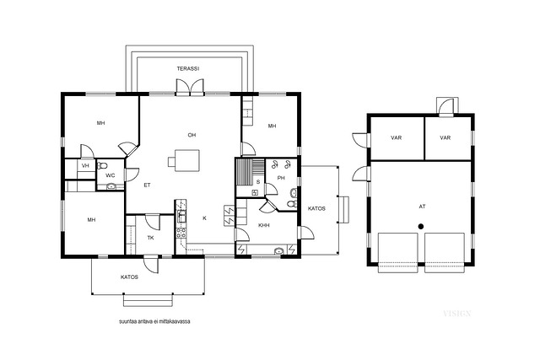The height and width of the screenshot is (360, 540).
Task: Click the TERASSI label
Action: [188, 69]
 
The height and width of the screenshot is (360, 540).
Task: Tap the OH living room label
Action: [192, 135]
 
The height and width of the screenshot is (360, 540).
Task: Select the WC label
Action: [111, 175]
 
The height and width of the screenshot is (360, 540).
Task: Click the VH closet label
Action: [85, 166]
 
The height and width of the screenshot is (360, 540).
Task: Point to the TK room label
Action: [150, 238]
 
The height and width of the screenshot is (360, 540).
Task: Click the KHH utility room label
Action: [264, 225]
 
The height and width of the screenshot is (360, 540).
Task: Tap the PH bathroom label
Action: [281, 178]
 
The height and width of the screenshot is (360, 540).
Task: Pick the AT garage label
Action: [422, 207]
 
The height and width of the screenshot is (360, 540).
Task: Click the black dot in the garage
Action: [421, 226]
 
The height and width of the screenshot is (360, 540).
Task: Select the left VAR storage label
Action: [397, 137]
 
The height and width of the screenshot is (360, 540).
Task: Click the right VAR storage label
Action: [445, 137]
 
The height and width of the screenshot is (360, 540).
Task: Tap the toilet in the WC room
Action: [102, 165]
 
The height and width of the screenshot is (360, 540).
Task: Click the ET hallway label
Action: [147, 185]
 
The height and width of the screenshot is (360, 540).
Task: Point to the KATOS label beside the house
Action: [316, 208]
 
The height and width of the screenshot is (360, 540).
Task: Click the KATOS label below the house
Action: [129, 277]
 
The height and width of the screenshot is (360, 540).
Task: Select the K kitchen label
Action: [204, 218]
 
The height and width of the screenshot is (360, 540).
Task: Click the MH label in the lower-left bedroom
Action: [91, 220]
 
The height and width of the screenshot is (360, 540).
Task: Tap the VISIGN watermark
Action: [457, 313]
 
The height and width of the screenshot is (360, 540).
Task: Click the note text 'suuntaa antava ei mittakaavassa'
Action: [154, 322]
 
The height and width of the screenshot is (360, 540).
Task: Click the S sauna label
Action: [258, 182]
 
